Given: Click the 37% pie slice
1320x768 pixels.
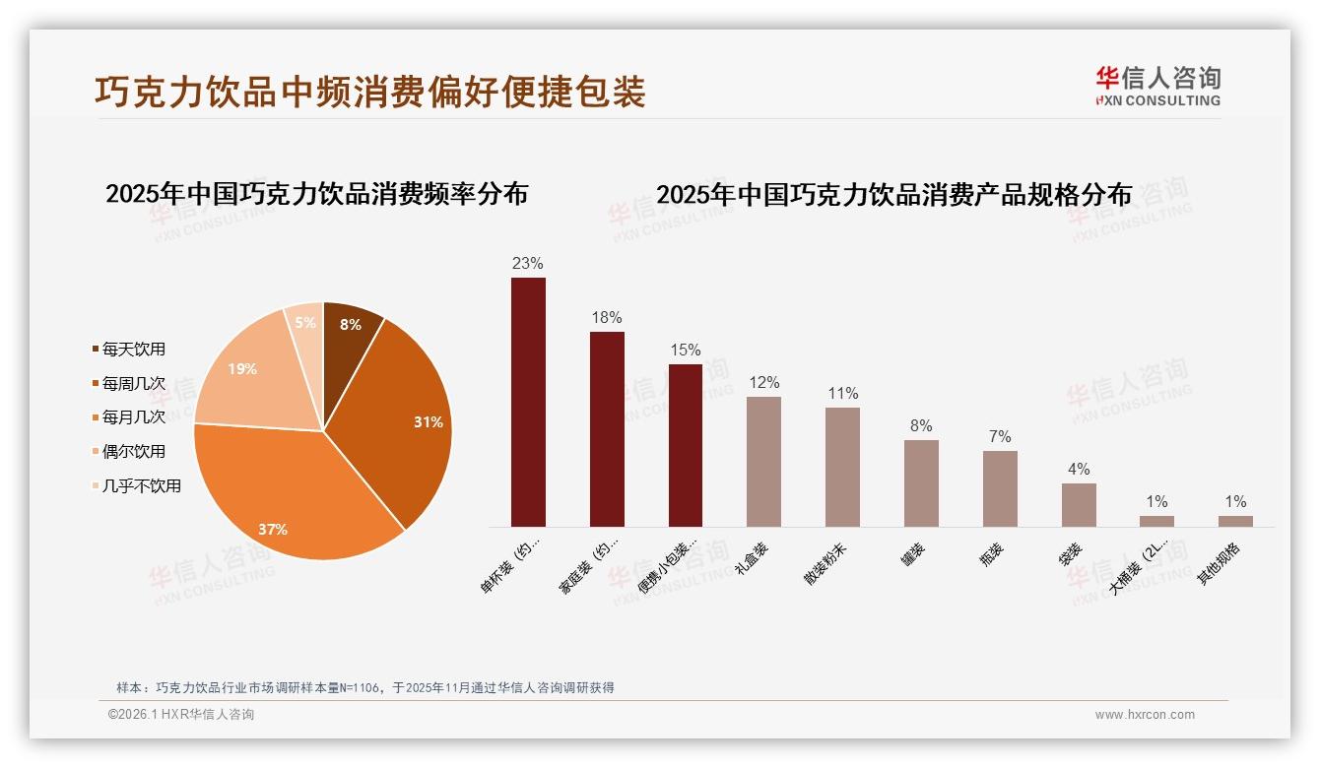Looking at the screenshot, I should pos(286,492).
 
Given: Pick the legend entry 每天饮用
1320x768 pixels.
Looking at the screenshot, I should pos(133,350).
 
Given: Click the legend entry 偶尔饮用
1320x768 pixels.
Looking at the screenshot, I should pos(133,452).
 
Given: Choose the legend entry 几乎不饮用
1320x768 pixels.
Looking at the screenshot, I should pos(141,485).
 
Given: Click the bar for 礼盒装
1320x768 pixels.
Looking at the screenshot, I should pos(763,462).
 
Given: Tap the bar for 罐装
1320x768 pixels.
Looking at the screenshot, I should pos(921,483).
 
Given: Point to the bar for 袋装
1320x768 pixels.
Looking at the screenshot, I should pos(1079,505).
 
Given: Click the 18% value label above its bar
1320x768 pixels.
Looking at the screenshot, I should pos(607,318).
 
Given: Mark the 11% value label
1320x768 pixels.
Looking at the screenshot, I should pos(843,394).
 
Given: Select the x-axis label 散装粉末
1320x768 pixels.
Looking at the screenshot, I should pos(825,562).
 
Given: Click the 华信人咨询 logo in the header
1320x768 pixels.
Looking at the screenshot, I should pos(1157,86).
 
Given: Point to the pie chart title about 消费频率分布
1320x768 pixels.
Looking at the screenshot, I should pos(316,194).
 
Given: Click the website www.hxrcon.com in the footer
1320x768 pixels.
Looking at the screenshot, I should pos(1145,715).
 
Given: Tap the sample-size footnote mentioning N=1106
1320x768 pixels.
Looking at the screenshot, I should pos(365,687).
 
